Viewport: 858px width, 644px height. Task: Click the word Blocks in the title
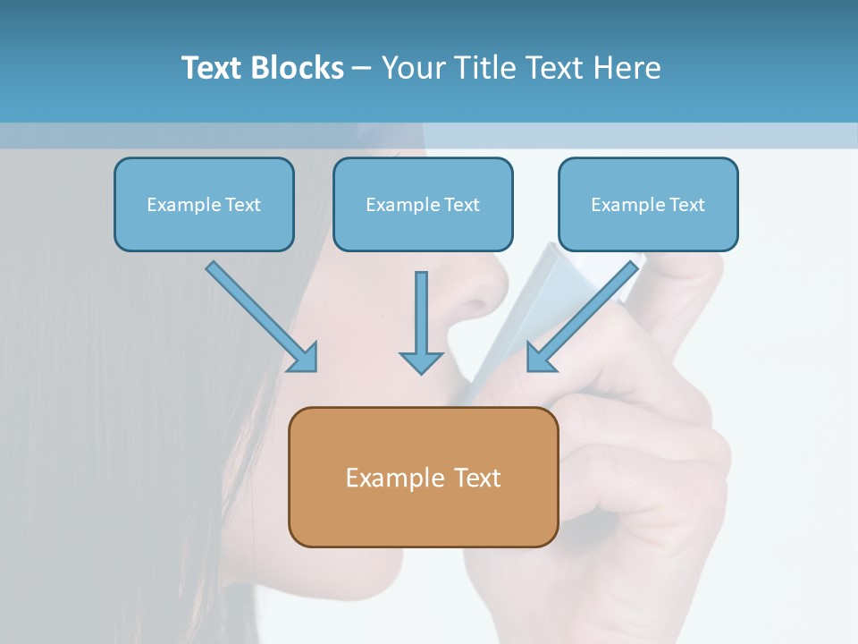coord(298,68)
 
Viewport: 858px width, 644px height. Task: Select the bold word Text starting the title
coord(213,68)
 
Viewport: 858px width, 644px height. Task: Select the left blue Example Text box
coord(204,205)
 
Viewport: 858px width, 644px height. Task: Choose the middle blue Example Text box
coord(423,205)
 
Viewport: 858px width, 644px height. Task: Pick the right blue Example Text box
coord(648,205)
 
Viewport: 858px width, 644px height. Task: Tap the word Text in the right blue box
coord(687,205)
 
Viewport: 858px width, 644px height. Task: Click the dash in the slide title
coord(362,68)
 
